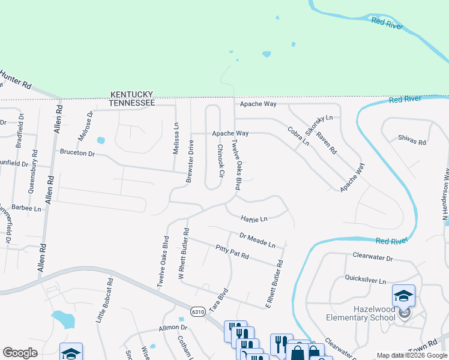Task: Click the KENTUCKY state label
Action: [131, 95]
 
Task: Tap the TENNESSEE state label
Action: [131, 103]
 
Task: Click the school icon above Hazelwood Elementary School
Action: [403, 295]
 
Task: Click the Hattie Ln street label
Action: [254, 219]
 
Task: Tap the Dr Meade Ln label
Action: [257, 241]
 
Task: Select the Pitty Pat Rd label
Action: [232, 252]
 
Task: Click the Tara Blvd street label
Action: [219, 298]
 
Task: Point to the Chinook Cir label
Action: [220, 161]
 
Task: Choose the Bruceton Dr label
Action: [77, 153]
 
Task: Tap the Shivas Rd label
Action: [412, 142]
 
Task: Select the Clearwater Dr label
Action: [372, 259]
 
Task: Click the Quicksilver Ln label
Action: [365, 278]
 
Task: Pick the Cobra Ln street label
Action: [298, 136]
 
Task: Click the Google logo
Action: [20, 352]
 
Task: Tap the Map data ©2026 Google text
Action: [411, 355]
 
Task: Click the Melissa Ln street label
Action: [176, 139]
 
